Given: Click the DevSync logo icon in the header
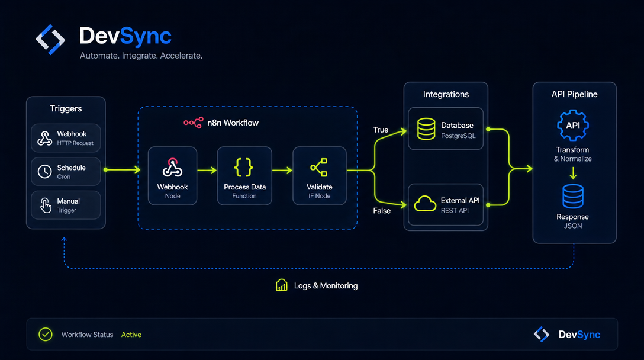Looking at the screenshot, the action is tap(50, 40).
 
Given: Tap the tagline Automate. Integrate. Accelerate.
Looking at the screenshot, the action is tap(141, 56).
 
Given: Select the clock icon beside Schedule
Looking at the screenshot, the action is tap(45, 171).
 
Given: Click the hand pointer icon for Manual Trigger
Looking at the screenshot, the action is tap(45, 205).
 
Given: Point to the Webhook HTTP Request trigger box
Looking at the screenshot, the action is tap(66, 138).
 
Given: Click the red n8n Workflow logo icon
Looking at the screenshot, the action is tap(194, 123).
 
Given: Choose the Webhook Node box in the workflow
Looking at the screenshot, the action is tap(172, 175).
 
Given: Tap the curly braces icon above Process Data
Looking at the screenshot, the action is tap(243, 167).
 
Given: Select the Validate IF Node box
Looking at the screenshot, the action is tap(320, 175).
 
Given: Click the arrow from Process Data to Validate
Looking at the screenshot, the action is tap(282, 170).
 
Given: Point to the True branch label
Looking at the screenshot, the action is tap(381, 130).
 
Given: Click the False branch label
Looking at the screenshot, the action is tap(382, 211).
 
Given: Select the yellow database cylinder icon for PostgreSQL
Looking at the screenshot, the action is tap(426, 129).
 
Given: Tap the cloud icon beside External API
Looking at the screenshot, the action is tap(424, 204).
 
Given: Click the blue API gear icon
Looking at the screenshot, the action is tap(573, 126).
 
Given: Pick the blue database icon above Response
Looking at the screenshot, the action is tap(573, 196).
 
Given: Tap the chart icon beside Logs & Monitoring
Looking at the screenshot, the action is tap(282, 285).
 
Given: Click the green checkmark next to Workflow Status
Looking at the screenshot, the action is tap(45, 335).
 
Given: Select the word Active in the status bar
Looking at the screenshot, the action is tap(131, 335).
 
